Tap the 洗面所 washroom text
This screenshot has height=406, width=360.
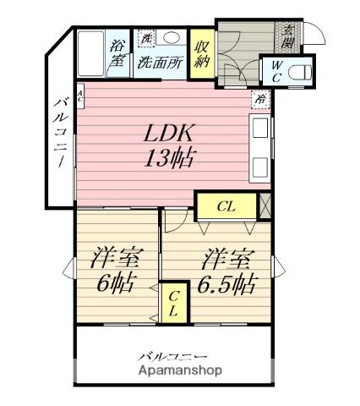[x=161, y=62]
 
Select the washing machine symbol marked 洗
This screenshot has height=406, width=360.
[x=146, y=39]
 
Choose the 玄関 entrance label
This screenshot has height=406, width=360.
[x=289, y=36]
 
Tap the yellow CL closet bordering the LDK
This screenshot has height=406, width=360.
[x=226, y=206]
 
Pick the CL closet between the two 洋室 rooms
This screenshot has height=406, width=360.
[x=173, y=303]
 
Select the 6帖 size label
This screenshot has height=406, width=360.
[x=114, y=282]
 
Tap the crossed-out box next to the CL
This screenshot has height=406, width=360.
[x=265, y=206]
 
